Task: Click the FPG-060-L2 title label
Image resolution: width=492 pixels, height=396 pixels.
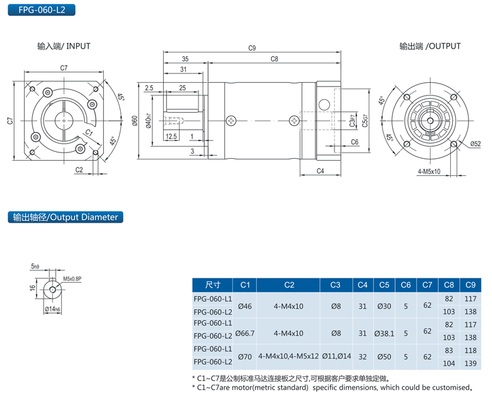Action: click(37, 10)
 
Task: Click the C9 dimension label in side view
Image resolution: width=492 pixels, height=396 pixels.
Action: click(252, 48)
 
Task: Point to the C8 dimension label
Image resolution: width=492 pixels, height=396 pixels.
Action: click(274, 59)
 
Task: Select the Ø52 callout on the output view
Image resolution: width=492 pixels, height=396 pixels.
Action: click(475, 144)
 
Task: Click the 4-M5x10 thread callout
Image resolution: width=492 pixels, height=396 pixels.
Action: click(429, 171)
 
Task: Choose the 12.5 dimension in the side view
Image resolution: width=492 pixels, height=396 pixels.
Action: click(171, 136)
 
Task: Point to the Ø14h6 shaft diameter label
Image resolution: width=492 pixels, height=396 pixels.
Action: click(52, 309)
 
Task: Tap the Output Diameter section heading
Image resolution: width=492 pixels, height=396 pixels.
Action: click(65, 217)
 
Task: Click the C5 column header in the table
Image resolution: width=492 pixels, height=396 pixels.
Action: click(384, 285)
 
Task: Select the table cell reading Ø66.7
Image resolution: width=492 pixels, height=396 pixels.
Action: click(245, 333)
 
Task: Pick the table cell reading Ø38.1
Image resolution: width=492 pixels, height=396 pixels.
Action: click(384, 333)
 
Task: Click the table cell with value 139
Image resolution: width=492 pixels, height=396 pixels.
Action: click(470, 362)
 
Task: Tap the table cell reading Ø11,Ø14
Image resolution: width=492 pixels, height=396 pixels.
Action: click(336, 357)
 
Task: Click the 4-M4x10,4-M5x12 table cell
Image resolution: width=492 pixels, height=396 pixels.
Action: click(288, 357)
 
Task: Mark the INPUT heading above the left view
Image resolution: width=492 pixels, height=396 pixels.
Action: click(64, 46)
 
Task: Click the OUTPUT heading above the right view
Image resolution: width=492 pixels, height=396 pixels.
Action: click(430, 46)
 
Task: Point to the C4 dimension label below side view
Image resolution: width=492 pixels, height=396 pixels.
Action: click(320, 171)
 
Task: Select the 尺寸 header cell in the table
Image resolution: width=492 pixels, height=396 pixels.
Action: click(212, 285)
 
